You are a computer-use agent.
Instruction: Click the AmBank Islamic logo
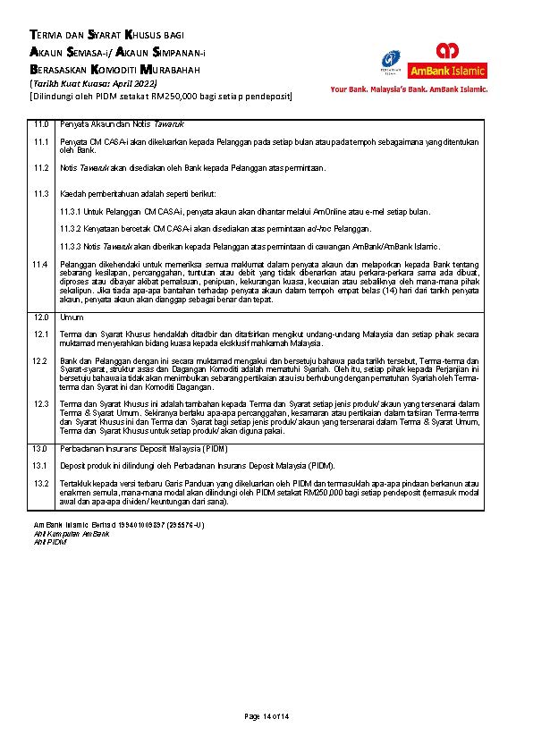pos(447,61)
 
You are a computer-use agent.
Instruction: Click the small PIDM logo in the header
pos(389,61)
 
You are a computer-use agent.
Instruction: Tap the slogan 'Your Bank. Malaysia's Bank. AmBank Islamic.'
pos(409,89)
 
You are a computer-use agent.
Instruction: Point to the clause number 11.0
pos(40,124)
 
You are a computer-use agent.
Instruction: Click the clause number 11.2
pos(40,167)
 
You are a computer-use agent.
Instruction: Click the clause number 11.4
pos(40,264)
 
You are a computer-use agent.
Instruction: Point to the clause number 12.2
pos(40,360)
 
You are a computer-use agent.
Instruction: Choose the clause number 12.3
pos(40,403)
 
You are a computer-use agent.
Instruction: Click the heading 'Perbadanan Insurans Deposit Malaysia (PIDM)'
pos(144,447)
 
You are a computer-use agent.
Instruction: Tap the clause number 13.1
pos(40,465)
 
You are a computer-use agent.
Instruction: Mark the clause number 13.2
pos(40,483)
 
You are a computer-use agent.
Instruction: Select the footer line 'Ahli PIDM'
pos(50,541)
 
